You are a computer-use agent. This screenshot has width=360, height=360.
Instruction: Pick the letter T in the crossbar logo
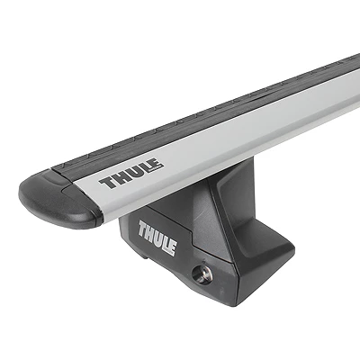(x=107, y=183)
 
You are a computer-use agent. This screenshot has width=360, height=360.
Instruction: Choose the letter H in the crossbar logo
(x=120, y=179)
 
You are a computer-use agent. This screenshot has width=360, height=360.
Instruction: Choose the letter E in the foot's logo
(x=174, y=247)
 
